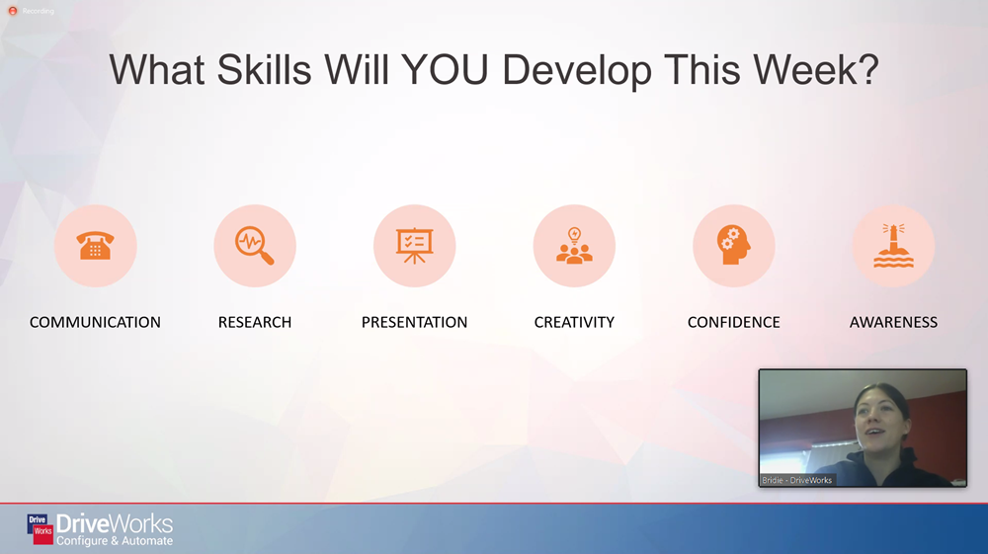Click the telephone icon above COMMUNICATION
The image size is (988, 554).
coord(95,245)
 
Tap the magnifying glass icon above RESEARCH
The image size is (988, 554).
coord(255,246)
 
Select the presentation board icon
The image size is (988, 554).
coord(415,246)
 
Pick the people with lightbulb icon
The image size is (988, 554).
coord(574,246)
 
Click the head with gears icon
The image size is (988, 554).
coord(733,245)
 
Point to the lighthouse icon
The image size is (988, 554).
coord(893,246)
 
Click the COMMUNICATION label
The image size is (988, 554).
coord(95,322)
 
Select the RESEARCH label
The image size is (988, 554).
coord(255,322)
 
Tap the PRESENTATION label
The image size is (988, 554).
coord(415,322)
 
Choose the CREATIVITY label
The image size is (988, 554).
coord(574,322)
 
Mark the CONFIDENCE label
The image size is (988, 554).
coord(733,322)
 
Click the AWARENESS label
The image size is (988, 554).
coord(893,322)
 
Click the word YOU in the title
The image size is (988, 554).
coord(445,69)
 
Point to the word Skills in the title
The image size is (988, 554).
coord(264,69)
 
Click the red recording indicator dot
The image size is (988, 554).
coord(13,11)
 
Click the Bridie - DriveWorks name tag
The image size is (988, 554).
coord(797,480)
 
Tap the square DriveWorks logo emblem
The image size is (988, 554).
coord(41,529)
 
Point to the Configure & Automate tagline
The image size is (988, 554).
coord(114,541)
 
